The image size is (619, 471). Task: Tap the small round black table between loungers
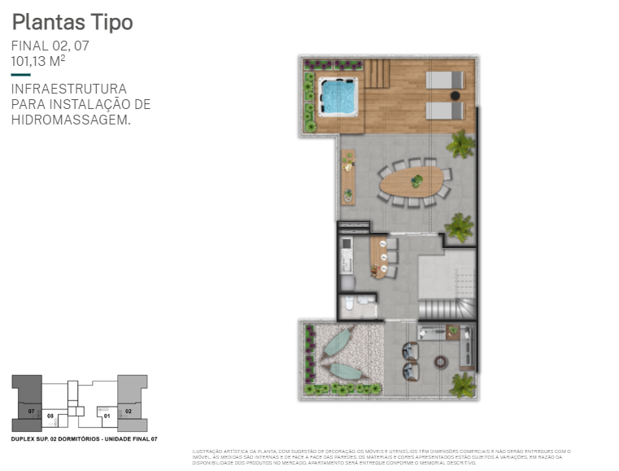[456, 95]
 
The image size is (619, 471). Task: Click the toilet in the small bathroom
[348, 305]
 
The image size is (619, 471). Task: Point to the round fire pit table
[440, 362]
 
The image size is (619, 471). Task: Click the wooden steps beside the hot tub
[377, 73]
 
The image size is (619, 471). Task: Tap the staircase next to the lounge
[446, 308]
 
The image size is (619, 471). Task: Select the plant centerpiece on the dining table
[416, 181]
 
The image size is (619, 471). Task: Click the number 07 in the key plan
[31, 412]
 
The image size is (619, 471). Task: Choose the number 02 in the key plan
[129, 412]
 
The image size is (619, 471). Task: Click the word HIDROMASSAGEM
[70, 120]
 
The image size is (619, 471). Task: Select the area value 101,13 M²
[37, 61]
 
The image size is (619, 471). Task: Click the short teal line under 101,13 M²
[20, 75]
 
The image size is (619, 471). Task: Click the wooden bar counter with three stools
[378, 257]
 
